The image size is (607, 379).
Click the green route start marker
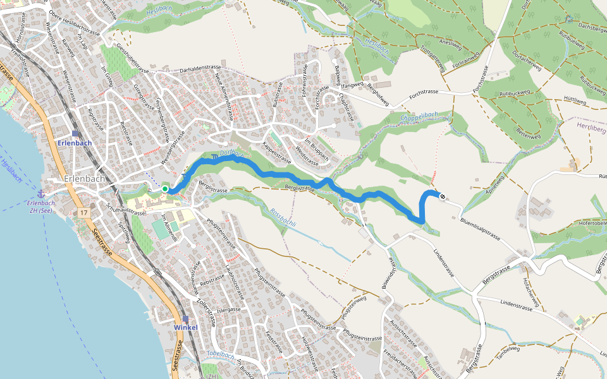165,188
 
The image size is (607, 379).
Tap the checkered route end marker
443,196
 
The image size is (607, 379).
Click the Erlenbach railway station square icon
75,133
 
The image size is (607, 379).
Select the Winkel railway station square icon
185,319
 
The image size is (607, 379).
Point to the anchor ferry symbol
41,193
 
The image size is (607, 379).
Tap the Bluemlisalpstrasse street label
481,229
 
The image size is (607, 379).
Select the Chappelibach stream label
419,116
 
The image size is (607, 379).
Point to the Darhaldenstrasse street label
202,70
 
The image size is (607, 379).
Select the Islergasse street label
229,310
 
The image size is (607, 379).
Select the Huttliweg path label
575,100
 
